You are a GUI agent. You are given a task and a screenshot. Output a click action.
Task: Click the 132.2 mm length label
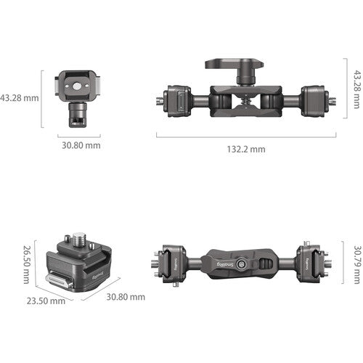click(246, 149)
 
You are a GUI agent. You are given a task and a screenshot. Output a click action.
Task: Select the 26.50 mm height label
click(26, 264)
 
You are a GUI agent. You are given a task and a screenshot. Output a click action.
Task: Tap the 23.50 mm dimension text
click(46, 301)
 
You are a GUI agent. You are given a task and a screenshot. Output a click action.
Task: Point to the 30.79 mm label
click(357, 265)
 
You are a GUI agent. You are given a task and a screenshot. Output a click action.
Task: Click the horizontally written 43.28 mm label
click(20, 98)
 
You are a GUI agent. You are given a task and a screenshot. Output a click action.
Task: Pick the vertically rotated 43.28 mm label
click(357, 89)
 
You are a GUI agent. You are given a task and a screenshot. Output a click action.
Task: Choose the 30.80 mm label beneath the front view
click(81, 145)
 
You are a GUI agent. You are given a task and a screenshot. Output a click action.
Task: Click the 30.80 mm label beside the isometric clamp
click(126, 297)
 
